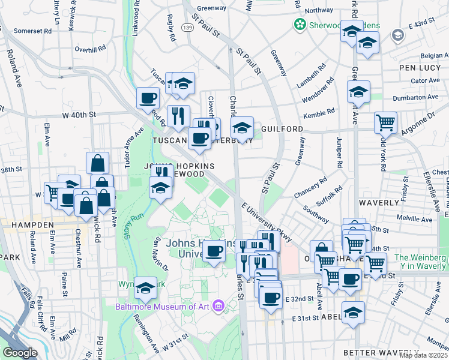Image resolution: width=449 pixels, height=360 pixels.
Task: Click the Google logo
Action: pyautogui.click(x=20, y=353)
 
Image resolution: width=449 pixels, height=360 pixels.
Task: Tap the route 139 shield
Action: pyautogui.click(x=187, y=28)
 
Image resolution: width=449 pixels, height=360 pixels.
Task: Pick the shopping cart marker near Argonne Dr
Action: pyautogui.click(x=385, y=122)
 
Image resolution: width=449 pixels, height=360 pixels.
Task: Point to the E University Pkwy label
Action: pyautogui.click(x=267, y=223)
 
